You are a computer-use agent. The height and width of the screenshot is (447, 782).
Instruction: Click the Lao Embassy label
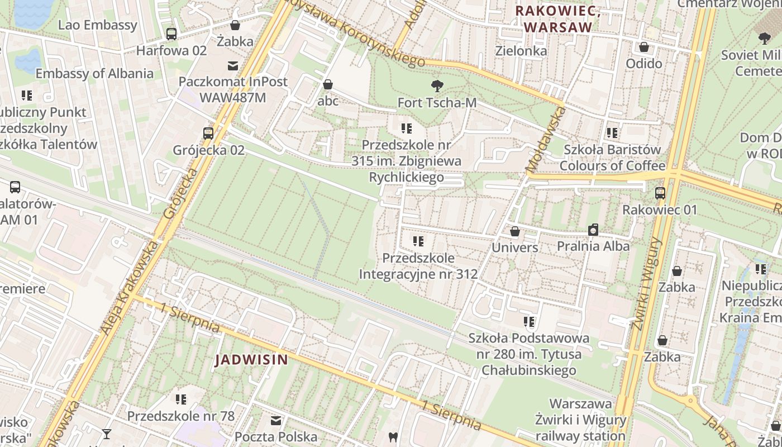point(97,25)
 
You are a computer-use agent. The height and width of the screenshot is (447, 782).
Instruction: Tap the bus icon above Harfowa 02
point(171,34)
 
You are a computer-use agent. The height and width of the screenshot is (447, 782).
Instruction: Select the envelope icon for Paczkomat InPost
point(233,66)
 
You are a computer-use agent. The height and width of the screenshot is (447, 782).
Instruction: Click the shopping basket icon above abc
point(328,85)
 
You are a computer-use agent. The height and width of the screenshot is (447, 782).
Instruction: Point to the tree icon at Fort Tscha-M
point(437,86)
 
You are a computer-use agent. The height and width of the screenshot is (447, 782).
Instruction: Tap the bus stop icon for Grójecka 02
point(208,134)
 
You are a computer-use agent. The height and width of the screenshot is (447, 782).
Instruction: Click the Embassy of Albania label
point(94,74)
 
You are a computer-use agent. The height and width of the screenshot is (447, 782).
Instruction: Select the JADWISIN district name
point(251,360)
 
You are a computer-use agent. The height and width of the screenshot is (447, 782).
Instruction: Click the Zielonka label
point(521,51)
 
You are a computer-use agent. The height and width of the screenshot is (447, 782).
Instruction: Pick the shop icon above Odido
point(644,47)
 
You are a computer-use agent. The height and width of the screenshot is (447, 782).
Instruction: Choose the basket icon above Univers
point(515,231)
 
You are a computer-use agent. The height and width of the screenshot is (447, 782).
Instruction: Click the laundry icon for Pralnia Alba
point(593,230)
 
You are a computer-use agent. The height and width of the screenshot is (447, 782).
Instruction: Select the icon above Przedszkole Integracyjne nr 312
point(418,242)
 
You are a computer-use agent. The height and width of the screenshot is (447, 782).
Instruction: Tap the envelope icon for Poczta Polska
point(276,420)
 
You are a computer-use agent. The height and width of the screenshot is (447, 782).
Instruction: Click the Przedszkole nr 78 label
point(180,416)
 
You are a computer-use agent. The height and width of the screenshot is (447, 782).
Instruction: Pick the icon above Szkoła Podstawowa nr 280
point(529,322)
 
